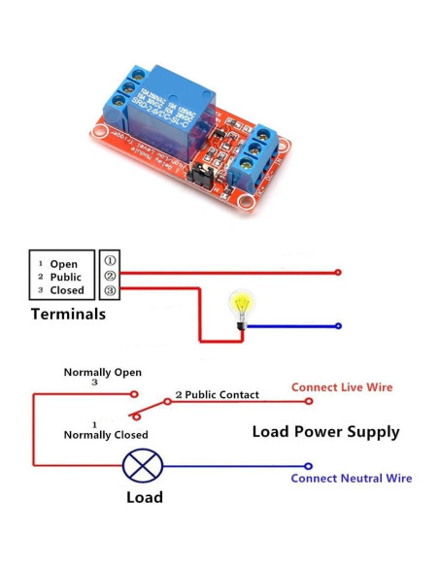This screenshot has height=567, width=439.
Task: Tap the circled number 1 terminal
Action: (x=110, y=260)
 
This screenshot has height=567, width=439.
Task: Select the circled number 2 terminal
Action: (x=110, y=275)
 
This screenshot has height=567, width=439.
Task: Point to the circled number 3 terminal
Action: (x=110, y=289)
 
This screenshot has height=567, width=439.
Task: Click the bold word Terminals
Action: (x=68, y=314)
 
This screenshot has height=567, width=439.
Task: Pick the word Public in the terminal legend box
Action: (x=67, y=277)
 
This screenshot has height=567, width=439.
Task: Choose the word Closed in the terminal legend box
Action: (x=67, y=290)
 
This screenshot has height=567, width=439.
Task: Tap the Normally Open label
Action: (x=102, y=372)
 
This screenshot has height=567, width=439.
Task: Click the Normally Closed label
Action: (x=106, y=435)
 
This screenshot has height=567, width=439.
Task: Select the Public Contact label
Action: (x=222, y=395)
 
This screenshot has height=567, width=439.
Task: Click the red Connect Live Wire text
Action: (x=342, y=387)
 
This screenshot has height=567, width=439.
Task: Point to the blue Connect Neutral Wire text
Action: (x=351, y=478)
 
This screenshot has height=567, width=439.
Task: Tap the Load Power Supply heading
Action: (x=325, y=431)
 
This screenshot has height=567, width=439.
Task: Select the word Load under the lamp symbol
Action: (x=144, y=497)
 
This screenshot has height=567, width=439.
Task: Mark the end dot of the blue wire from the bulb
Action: (x=338, y=326)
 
